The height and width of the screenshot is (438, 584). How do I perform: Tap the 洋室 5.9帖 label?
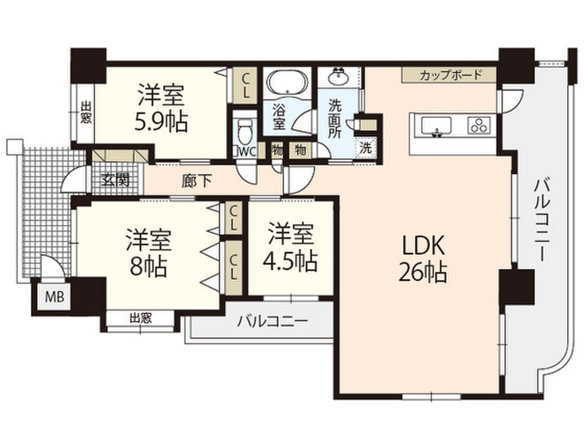[x=161, y=108]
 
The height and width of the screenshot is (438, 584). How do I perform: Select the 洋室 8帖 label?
[x=148, y=253]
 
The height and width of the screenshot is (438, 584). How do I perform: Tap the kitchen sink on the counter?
[x=436, y=125]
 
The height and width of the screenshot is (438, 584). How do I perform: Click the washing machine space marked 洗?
[x=365, y=146]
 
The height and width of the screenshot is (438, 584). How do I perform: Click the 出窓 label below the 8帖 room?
[x=140, y=318]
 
